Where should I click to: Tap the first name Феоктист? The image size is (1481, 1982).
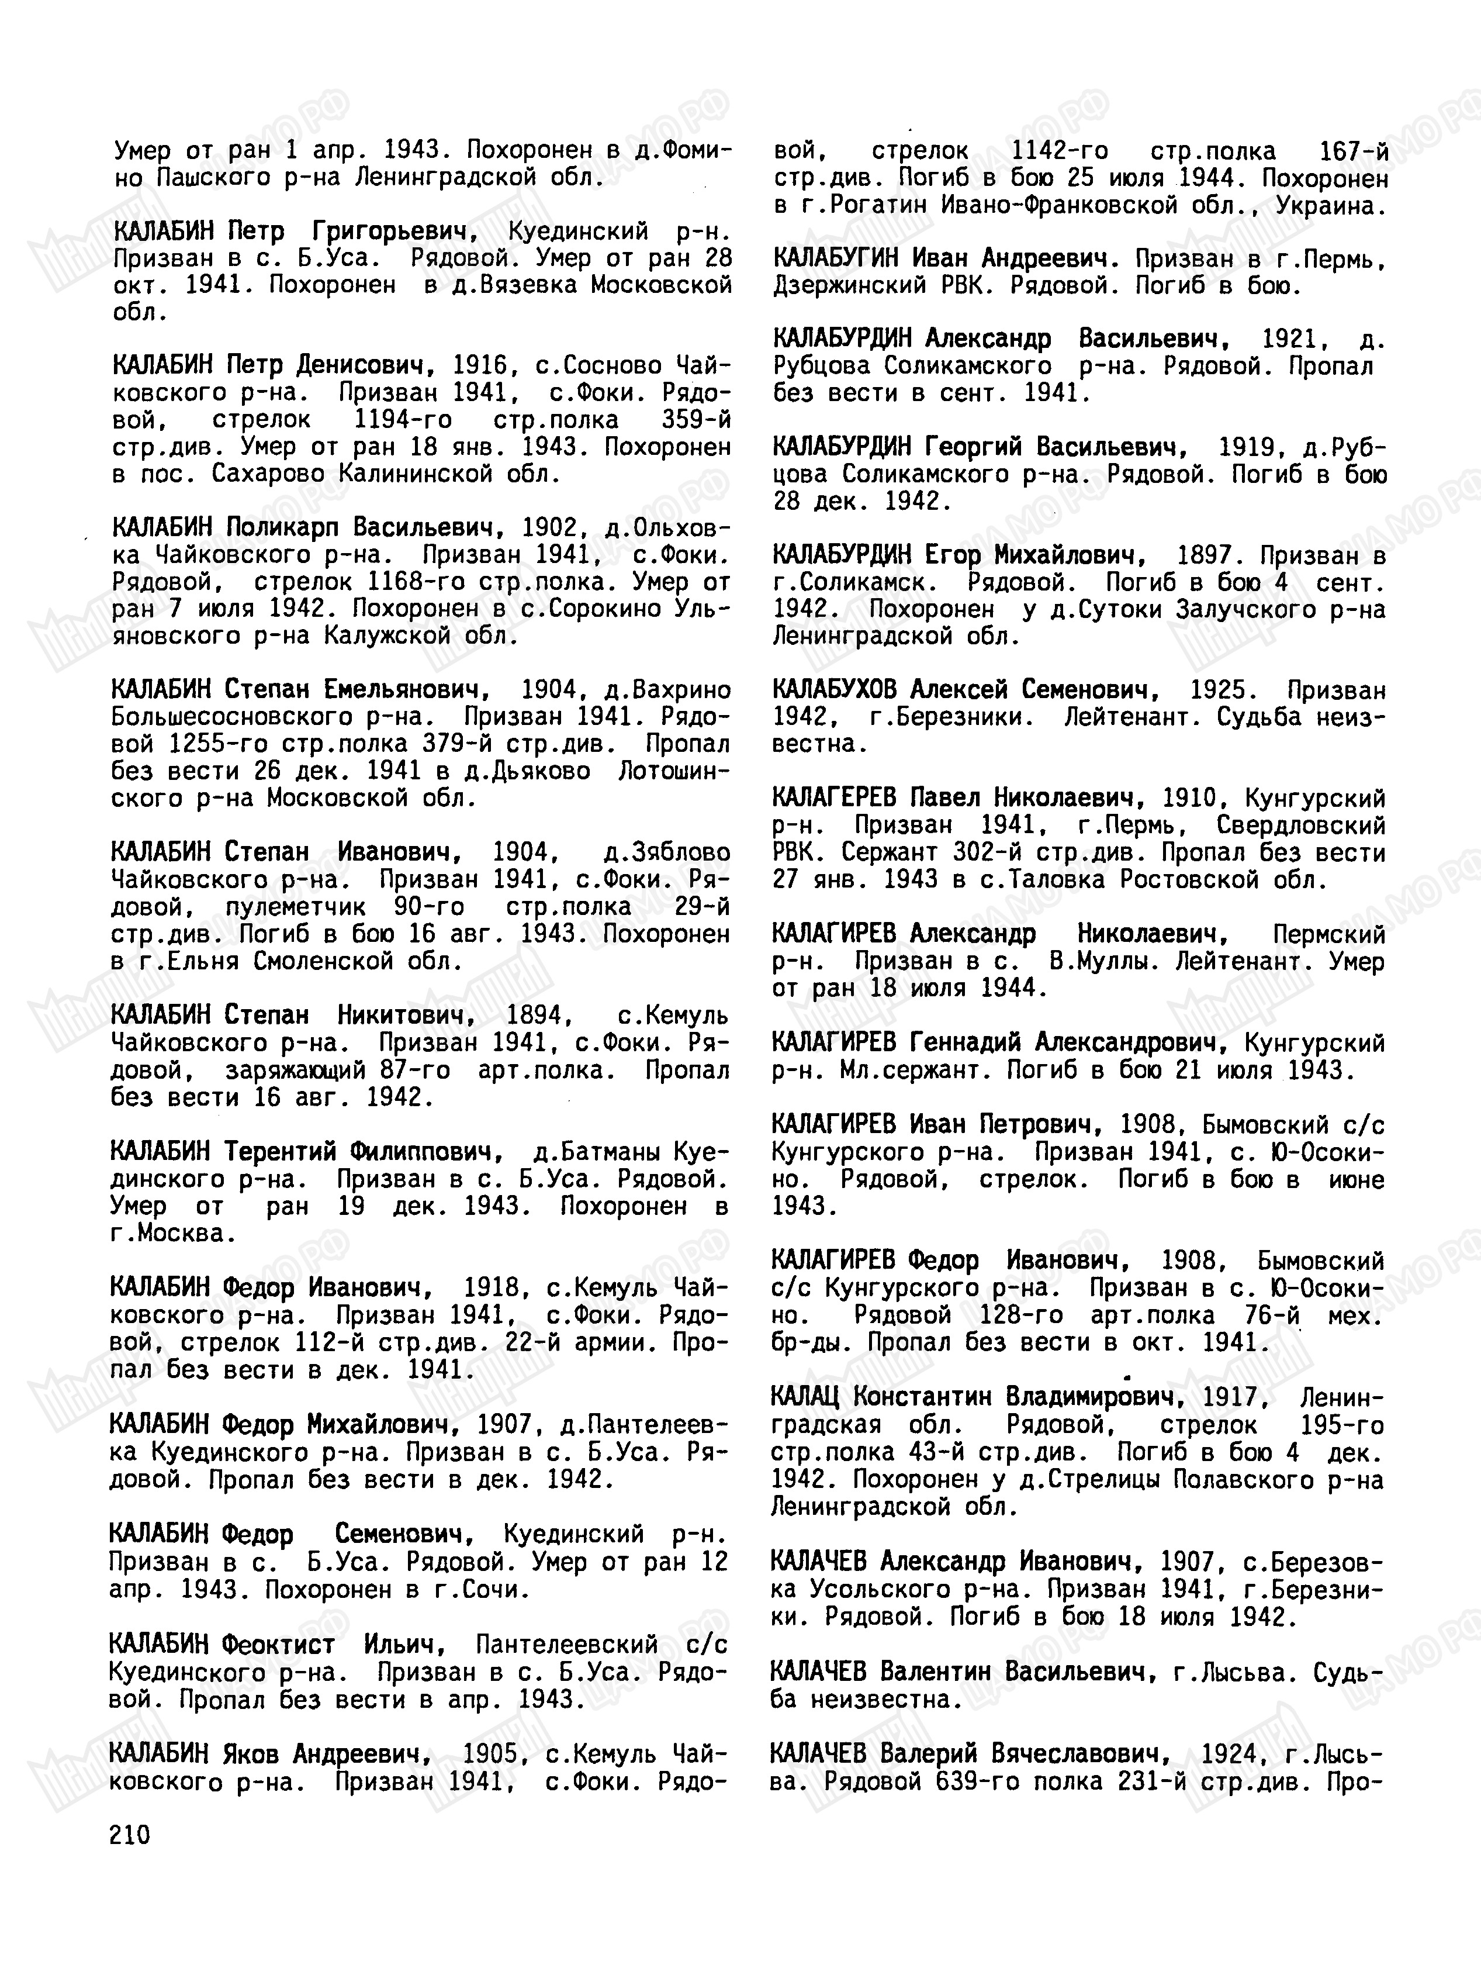(x=279, y=1646)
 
